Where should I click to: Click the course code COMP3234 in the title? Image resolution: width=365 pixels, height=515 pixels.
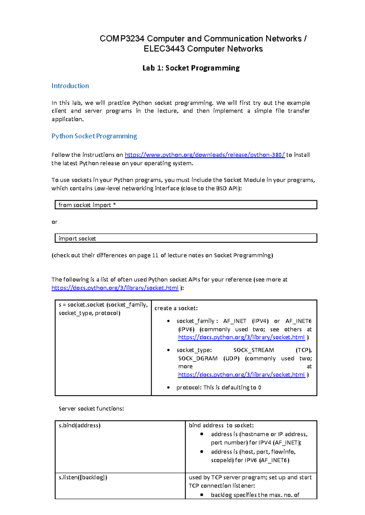pyautogui.click(x=122, y=39)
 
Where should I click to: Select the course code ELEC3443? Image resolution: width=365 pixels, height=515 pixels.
pyautogui.click(x=164, y=49)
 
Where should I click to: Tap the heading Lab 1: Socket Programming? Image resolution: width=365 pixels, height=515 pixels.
pyautogui.click(x=191, y=68)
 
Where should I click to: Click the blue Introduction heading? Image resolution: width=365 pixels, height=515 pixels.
pyautogui.click(x=70, y=86)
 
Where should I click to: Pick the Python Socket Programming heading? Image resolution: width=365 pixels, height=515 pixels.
pyautogui.click(x=94, y=136)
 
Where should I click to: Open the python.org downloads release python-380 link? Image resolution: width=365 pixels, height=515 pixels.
pyautogui.click(x=205, y=155)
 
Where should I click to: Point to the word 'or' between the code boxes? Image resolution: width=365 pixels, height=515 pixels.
pyautogui.click(x=54, y=222)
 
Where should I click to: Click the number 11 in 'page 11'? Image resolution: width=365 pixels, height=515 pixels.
pyautogui.click(x=155, y=255)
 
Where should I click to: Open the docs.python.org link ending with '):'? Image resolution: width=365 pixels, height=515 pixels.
pyautogui.click(x=115, y=288)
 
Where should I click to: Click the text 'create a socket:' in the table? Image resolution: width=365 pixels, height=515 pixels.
pyautogui.click(x=176, y=308)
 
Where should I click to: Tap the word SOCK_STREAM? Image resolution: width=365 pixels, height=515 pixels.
pyautogui.click(x=254, y=350)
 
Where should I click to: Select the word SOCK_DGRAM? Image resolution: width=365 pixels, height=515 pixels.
pyautogui.click(x=198, y=359)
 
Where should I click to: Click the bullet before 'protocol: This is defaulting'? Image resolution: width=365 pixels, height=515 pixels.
pyautogui.click(x=169, y=388)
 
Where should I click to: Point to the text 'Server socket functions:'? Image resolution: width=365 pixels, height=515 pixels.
pyautogui.click(x=91, y=409)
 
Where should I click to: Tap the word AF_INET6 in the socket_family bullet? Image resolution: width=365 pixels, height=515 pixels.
pyautogui.click(x=298, y=321)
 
